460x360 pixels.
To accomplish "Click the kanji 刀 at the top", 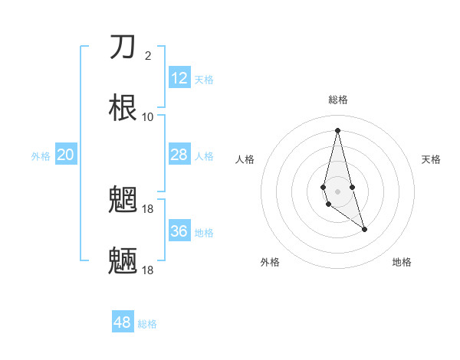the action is coord(123,47).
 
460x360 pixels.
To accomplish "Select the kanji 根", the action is coord(123,107).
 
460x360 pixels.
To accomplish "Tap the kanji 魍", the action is coord(123,201).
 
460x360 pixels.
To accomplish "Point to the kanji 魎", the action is coord(123,261).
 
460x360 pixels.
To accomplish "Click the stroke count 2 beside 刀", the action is coord(148,55).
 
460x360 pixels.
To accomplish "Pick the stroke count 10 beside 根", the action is coord(148,116).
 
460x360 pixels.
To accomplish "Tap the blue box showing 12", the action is coord(179,78).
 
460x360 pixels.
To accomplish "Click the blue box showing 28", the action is coord(179,155).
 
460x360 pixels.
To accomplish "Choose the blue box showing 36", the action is coord(179,231).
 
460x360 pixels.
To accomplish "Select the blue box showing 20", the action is coord(66,155).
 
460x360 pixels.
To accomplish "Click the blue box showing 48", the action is coord(123,322).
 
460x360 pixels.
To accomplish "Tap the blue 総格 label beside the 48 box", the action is coord(147,324).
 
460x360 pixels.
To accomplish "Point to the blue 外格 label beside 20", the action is coord(41,156).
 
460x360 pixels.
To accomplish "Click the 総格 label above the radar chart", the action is coord(338,100).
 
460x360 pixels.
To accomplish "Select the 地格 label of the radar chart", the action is coord(402,262).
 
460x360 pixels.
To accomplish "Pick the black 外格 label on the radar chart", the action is coord(270,262).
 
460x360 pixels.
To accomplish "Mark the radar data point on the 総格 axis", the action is coord(337,129).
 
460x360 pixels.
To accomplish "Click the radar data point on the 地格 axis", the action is coord(364,229).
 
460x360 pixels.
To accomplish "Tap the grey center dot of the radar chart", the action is coord(337,191).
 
